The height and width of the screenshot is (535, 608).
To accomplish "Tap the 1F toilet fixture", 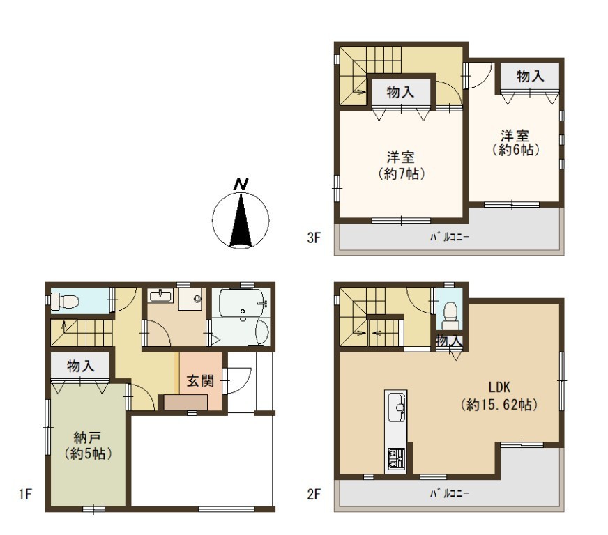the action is click(65, 301).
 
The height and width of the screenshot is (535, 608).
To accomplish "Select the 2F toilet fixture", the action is click(450, 312).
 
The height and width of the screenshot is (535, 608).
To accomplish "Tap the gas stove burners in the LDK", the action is click(396, 458).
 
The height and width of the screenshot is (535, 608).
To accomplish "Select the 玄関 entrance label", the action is click(200, 381).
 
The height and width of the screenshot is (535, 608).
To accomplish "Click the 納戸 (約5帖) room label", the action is click(89, 446).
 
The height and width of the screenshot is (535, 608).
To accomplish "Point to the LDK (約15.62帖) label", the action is click(499, 396).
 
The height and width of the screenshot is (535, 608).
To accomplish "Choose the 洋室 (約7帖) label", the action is click(401, 166).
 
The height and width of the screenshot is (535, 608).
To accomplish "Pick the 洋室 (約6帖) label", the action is click(515, 143).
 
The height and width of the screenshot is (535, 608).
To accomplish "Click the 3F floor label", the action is click(314, 238).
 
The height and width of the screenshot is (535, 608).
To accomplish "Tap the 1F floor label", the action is click(25, 495).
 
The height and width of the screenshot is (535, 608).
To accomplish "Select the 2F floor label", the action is click(314, 495).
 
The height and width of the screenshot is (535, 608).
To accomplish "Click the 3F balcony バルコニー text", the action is click(450, 237).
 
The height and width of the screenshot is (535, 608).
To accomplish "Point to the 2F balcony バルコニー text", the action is click(450, 493).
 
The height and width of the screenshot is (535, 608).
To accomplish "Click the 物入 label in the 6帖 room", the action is click(530, 76).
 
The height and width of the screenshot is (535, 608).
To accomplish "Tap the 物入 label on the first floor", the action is click(80, 365).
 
